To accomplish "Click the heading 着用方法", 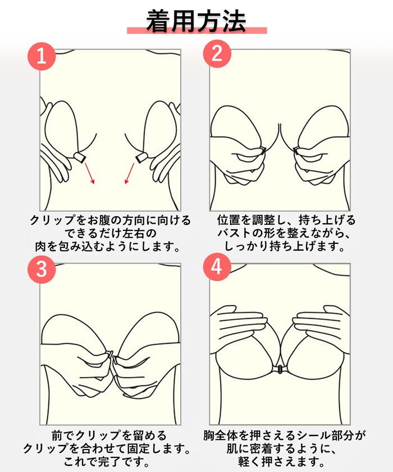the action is click(196, 21).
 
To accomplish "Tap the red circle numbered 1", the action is click(42, 56).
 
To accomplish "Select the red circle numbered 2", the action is click(217, 54).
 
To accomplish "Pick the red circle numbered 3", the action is click(42, 269).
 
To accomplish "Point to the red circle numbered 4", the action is click(217, 267).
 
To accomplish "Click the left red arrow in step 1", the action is click(90, 174).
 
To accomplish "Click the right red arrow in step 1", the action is click(129, 174).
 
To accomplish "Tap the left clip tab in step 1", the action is click(80, 157).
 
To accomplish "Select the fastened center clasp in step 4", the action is click(280, 369).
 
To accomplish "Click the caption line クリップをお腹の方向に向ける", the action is click(111, 220).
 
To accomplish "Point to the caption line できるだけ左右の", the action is click(111, 233).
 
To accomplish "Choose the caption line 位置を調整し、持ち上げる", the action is click(286, 220).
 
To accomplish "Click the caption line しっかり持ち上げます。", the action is click(285, 247).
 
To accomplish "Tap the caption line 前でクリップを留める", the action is click(109, 435).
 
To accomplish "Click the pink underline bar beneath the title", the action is click(197, 30).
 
